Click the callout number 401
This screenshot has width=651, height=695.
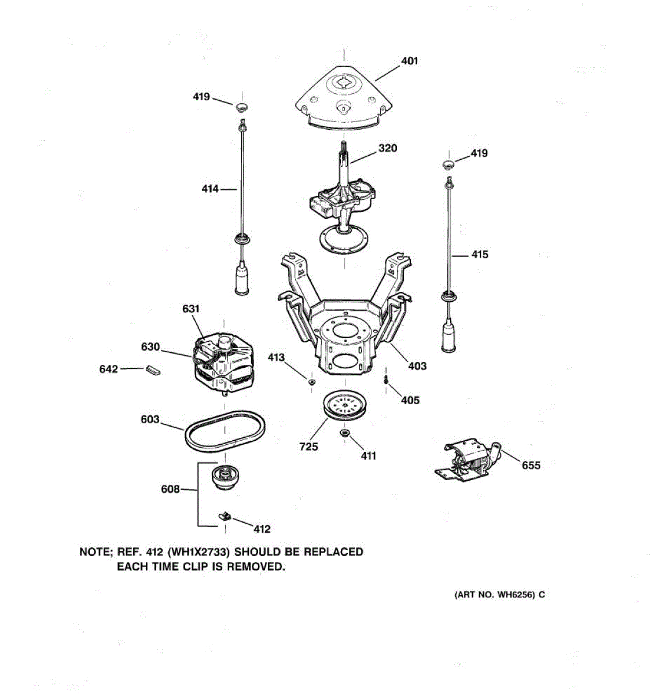(x=409, y=61)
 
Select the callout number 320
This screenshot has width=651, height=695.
(x=388, y=148)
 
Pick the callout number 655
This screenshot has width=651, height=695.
(x=531, y=465)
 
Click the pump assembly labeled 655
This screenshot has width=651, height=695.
(x=469, y=462)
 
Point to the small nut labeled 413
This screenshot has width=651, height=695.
(x=311, y=382)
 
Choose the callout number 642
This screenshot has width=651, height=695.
(x=109, y=369)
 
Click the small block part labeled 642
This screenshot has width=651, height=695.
(x=152, y=370)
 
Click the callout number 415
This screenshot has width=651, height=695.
(x=480, y=254)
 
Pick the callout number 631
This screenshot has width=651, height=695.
(x=191, y=309)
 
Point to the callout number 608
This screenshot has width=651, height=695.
(x=170, y=489)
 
